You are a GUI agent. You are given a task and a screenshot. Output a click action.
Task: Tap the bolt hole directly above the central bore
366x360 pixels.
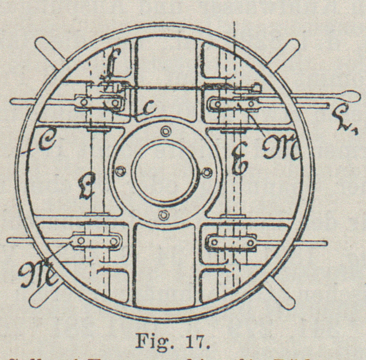(165, 130)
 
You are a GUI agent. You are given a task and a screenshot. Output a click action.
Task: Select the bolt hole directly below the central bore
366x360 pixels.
(164, 215)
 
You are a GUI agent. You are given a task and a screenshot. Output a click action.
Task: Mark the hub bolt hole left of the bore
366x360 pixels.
(121, 171)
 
